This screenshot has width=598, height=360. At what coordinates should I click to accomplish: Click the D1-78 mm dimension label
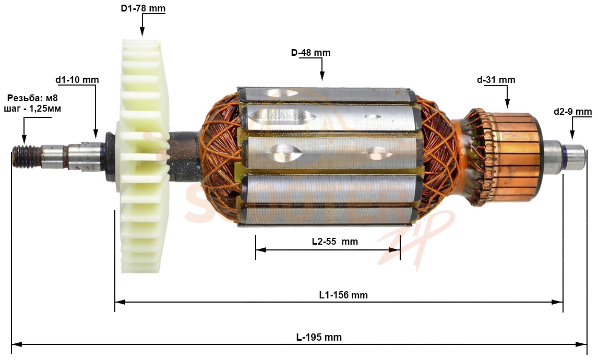[143, 8]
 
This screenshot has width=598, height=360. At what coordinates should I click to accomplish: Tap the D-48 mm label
[311, 52]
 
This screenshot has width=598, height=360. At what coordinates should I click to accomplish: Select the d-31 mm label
[496, 80]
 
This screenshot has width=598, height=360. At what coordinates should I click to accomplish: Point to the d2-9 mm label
[573, 112]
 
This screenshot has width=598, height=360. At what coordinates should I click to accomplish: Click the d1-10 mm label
[77, 80]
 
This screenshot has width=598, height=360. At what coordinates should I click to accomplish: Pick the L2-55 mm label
[335, 242]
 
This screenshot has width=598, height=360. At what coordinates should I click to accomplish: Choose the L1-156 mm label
[343, 295]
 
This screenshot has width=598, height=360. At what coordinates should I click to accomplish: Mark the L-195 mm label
[319, 337]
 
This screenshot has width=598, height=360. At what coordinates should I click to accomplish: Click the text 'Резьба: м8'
[32, 98]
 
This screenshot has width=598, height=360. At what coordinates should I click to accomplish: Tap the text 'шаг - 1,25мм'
[32, 109]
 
